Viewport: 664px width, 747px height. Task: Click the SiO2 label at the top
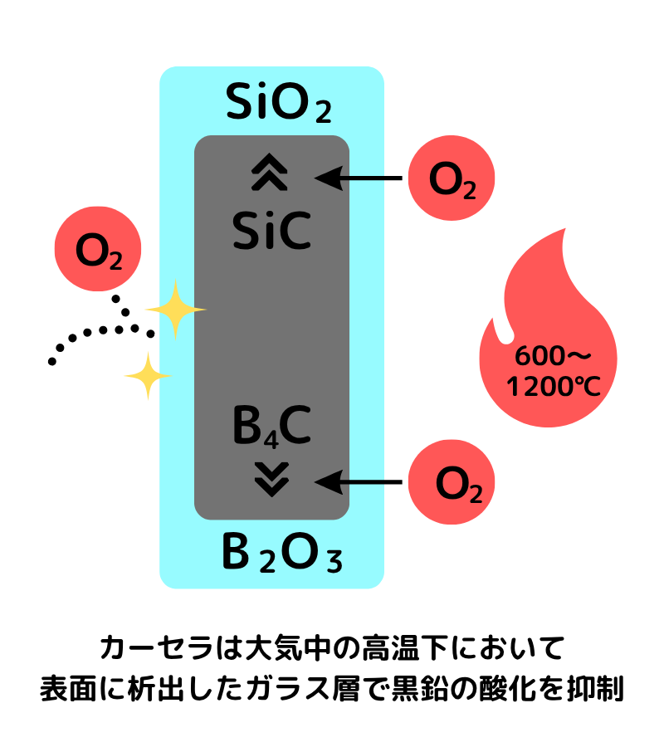(279, 103)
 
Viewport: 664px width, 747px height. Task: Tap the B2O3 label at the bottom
(282, 555)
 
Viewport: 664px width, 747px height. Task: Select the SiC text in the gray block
(271, 232)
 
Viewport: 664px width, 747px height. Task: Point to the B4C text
(271, 427)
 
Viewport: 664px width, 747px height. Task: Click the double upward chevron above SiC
(270, 174)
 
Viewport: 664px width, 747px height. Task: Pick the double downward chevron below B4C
(271, 479)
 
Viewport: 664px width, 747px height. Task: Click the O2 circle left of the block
(98, 249)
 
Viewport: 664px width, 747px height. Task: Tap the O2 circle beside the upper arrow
(452, 178)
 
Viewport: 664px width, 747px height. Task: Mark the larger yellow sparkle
(175, 310)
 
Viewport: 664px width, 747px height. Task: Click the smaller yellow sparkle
(148, 376)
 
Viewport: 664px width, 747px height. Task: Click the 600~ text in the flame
(553, 356)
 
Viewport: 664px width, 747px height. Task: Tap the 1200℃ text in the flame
(553, 386)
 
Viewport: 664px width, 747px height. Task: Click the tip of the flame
(564, 232)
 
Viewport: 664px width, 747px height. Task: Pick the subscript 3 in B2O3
(333, 563)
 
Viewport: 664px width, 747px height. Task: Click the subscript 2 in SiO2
(323, 111)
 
